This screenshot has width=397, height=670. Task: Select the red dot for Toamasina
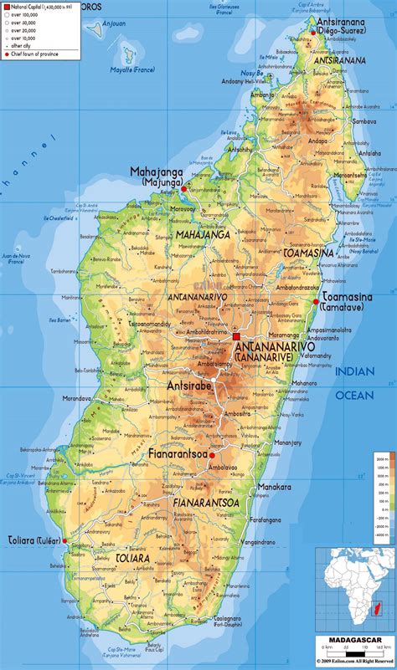point(316,301)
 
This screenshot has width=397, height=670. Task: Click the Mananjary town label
point(287,442)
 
